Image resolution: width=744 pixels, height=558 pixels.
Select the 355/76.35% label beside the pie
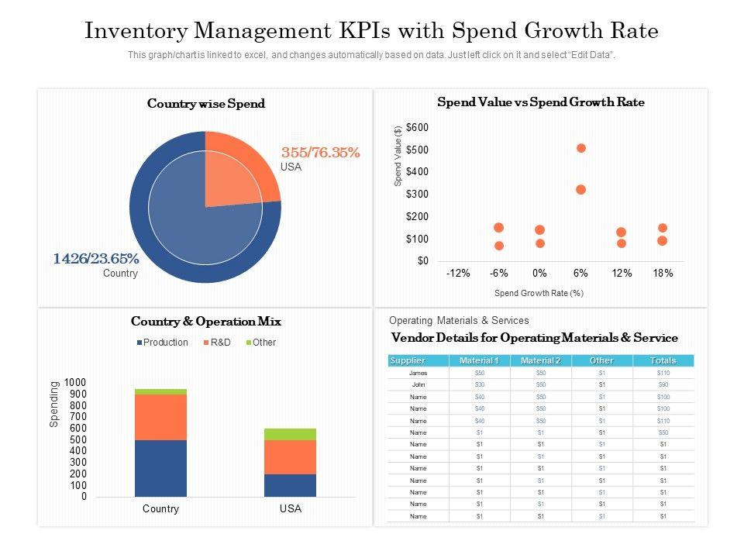[320, 153]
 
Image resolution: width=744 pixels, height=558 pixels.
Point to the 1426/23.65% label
[96, 259]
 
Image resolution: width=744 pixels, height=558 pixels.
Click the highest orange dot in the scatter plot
[581, 148]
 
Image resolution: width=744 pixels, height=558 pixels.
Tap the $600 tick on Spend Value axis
[417, 127]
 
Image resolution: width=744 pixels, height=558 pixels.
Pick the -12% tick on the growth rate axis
[458, 274]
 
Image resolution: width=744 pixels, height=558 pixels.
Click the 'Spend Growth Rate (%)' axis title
[539, 293]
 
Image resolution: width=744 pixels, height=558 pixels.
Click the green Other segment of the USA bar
[291, 434]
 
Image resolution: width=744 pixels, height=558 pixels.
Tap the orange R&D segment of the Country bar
[160, 417]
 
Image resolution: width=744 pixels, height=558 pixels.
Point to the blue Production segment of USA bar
[291, 485]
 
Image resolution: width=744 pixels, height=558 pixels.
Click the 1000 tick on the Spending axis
[76, 383]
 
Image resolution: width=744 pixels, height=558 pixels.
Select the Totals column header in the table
[663, 360]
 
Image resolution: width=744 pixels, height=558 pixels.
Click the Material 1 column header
[479, 360]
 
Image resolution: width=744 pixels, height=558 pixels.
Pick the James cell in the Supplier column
[418, 373]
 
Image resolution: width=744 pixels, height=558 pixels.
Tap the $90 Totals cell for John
[663, 385]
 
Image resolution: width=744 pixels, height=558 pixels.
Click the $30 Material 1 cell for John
[479, 385]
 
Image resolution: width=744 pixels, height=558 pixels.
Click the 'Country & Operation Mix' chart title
[206, 321]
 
